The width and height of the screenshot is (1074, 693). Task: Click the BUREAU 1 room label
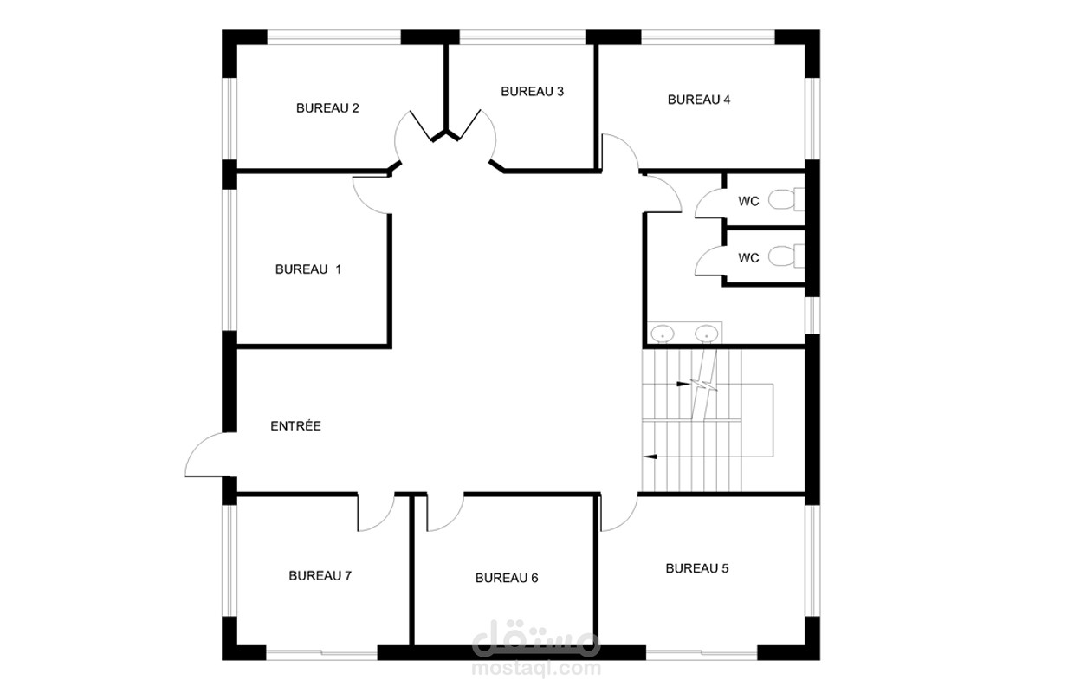click(308, 269)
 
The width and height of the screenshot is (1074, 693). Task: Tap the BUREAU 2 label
click(327, 108)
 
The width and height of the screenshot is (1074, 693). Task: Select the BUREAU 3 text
click(532, 92)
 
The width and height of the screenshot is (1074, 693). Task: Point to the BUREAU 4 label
click(699, 100)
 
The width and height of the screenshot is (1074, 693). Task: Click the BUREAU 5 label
click(697, 568)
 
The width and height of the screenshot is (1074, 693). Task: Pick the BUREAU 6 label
click(507, 578)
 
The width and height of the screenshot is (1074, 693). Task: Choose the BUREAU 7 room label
click(320, 575)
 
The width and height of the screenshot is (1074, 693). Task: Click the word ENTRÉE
click(296, 426)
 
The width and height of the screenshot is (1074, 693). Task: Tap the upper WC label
click(749, 202)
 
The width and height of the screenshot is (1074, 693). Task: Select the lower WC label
click(749, 258)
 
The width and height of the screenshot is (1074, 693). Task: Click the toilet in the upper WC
click(786, 199)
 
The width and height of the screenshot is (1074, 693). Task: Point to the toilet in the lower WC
click(786, 256)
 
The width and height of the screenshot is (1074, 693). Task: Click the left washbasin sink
click(662, 333)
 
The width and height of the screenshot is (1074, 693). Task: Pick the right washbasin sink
click(706, 333)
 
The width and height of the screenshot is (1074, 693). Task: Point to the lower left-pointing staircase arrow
click(650, 457)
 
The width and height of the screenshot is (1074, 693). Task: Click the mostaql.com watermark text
click(536, 669)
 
